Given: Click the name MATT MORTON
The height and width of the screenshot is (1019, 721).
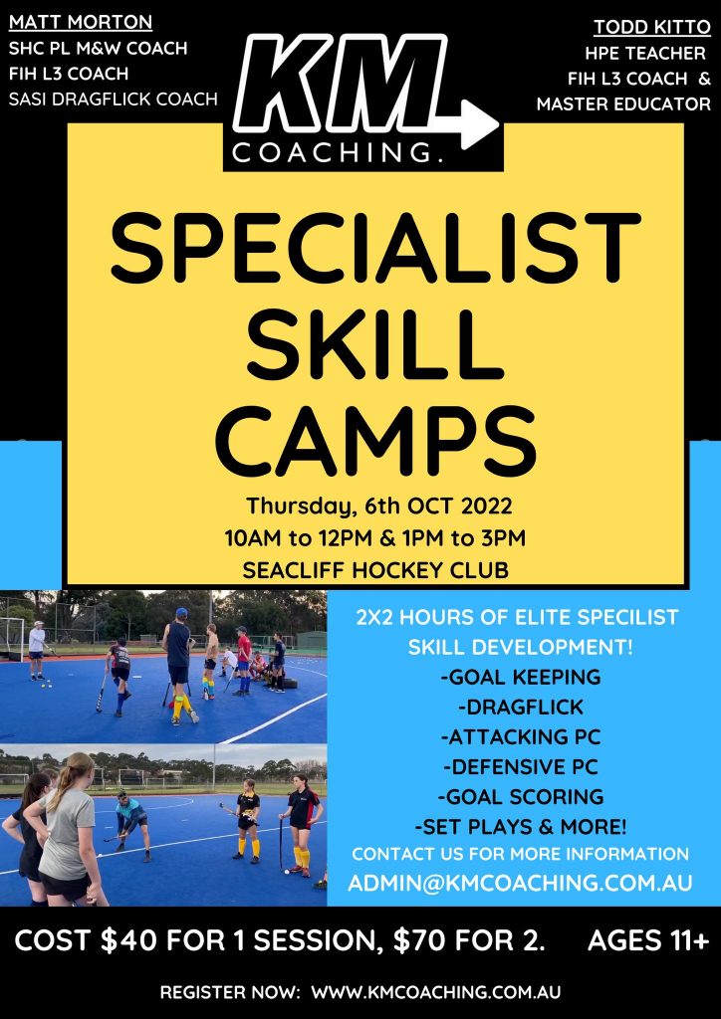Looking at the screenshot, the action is click(x=81, y=22).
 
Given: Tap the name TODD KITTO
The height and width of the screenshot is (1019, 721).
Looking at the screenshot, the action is click(x=652, y=28).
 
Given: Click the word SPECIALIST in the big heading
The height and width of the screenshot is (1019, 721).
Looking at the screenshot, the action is click(x=375, y=251).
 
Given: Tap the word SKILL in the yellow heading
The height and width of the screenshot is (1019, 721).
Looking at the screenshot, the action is click(x=373, y=343).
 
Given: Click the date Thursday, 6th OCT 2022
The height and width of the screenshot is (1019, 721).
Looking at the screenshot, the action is click(x=375, y=506).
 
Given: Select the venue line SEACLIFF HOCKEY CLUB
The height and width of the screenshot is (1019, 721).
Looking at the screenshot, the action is click(x=375, y=570).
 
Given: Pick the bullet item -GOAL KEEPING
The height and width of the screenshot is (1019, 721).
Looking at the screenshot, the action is click(x=520, y=677).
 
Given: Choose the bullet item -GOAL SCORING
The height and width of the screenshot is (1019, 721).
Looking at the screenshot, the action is click(x=520, y=796).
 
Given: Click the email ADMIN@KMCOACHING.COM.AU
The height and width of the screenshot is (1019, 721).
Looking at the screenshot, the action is click(x=520, y=883).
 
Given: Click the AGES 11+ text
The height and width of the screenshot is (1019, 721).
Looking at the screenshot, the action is click(x=648, y=941).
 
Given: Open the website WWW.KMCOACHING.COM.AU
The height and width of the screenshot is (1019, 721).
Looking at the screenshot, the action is click(x=435, y=994).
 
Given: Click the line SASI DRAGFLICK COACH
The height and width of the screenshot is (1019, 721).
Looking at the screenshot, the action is click(x=114, y=99).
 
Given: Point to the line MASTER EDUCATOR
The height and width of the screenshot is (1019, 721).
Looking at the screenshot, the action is click(x=623, y=103).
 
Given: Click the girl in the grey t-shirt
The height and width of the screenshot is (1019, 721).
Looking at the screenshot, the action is click(x=71, y=829).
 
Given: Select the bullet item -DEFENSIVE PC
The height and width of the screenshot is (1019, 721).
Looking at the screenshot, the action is click(x=520, y=766).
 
